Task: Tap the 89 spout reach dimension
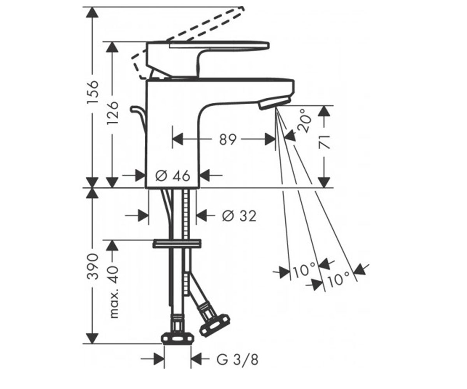tap(228, 140)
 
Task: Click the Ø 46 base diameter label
tap(173, 175)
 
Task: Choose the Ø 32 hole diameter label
tap(239, 216)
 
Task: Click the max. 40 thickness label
tap(114, 292)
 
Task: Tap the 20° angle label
tap(304, 121)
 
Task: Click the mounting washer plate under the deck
tap(177, 244)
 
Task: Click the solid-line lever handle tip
tap(268, 46)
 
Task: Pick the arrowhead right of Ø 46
tap(205, 175)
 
